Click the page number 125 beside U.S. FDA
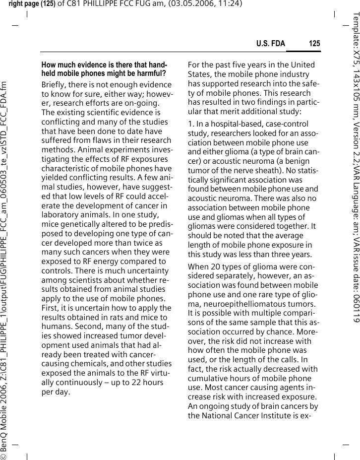point(314,44)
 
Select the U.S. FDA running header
point(271,44)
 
